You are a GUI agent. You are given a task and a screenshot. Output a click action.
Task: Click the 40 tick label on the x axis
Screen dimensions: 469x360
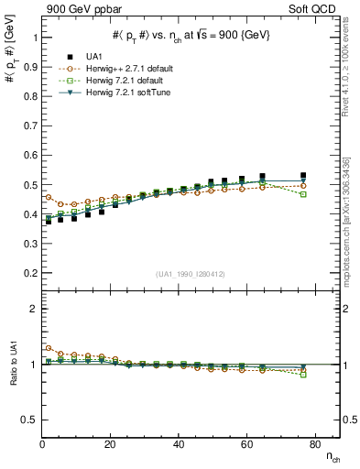178,444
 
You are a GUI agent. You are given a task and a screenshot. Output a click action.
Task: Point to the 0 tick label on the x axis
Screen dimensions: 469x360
42,444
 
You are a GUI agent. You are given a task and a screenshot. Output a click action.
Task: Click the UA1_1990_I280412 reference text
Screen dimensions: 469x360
190,274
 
